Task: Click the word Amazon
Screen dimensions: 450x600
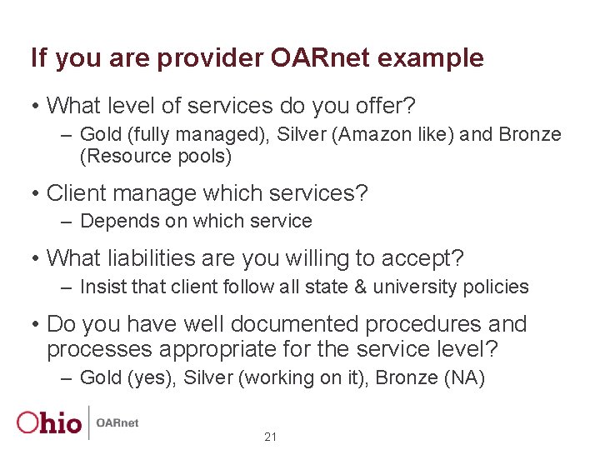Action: coord(376,134)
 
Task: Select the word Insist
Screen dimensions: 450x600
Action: coord(103,287)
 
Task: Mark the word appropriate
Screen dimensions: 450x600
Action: coord(222,348)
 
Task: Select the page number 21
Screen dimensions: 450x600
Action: coord(270,437)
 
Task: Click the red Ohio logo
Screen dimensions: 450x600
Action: coord(50,422)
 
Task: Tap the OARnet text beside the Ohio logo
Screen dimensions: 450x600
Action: coord(117,423)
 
